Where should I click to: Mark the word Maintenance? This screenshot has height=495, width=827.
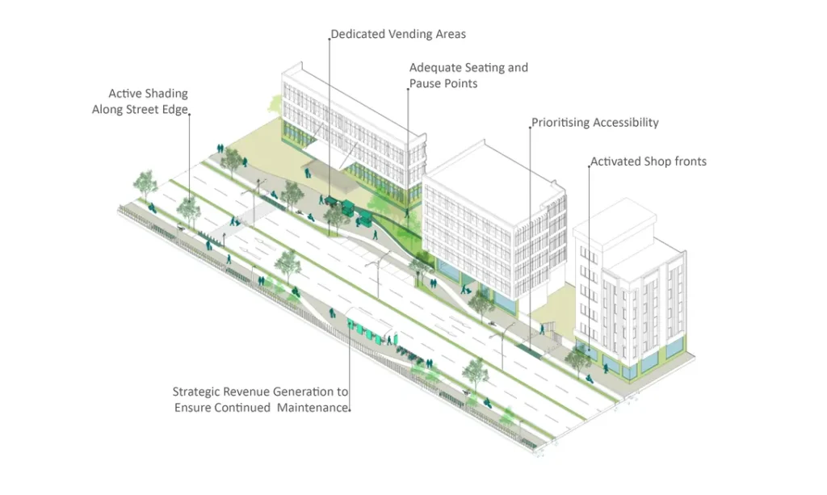(313, 408)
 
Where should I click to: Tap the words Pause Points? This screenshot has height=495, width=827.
(443, 83)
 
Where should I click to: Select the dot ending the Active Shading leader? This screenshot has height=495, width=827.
(190, 115)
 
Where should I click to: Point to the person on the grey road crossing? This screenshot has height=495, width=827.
(234, 220)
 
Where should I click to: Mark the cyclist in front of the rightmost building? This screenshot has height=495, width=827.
(593, 376)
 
